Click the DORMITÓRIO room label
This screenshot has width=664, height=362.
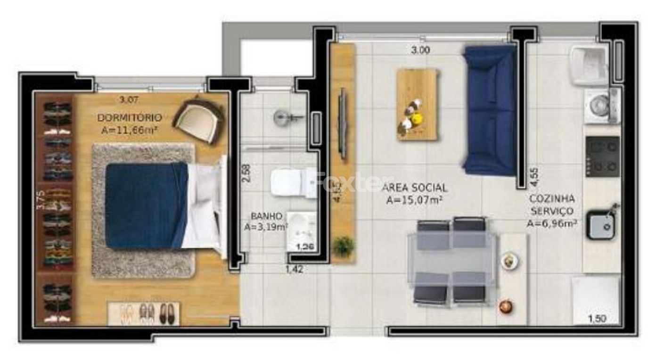(x=130, y=117)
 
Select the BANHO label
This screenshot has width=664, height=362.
(x=266, y=216)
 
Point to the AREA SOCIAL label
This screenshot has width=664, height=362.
(x=415, y=188)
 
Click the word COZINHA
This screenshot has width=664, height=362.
(x=552, y=198)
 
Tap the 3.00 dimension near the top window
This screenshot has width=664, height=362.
(x=420, y=50)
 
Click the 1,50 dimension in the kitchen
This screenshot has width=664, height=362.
(x=597, y=319)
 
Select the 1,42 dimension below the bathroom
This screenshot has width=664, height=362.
(x=294, y=270)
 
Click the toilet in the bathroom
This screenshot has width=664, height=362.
(x=292, y=183)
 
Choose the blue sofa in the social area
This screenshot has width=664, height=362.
(x=490, y=110)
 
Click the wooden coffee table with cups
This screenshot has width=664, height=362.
(x=417, y=105)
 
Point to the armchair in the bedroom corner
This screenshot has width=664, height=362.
(x=198, y=119)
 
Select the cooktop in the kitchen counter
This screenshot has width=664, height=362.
(x=602, y=156)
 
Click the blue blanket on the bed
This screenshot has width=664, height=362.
(x=146, y=205)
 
